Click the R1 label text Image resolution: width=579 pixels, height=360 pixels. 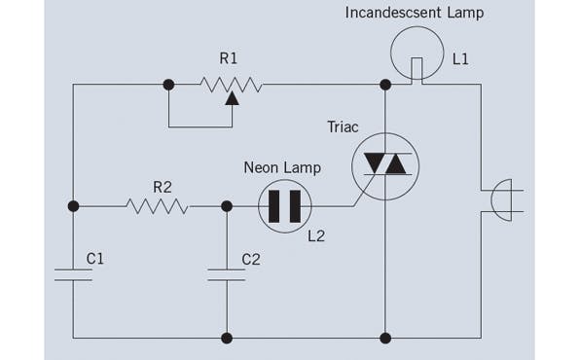pos(228,59)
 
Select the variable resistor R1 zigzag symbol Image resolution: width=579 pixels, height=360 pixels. pos(230,86)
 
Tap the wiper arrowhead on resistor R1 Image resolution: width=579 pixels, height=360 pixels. pos(231,97)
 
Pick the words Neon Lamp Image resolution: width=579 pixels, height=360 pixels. pos(281,167)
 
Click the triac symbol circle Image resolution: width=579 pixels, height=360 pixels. pos(385,164)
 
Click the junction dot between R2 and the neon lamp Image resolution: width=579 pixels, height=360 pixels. pos(227,206)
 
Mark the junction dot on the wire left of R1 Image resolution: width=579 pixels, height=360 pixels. pos(168,86)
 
